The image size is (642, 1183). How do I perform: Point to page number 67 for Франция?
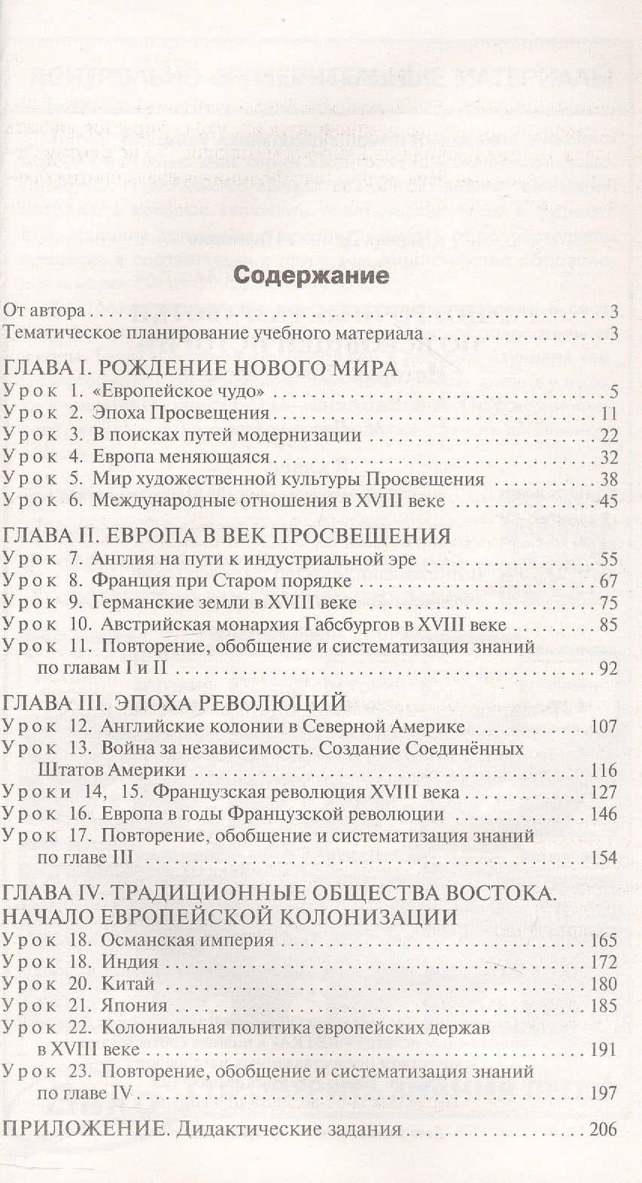tap(609, 581)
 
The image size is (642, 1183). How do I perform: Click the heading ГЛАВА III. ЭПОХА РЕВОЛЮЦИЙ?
tap(175, 702)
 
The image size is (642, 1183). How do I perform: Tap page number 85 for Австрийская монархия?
tap(609, 624)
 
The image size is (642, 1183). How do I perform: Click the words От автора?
tap(45, 311)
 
